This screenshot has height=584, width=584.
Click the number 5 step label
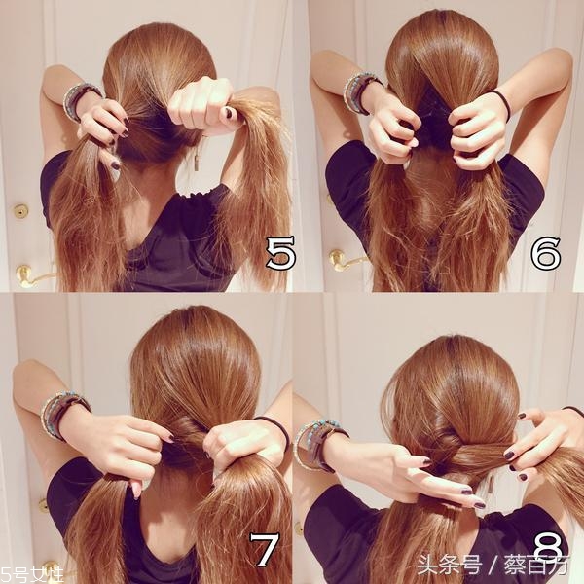click(x=281, y=253)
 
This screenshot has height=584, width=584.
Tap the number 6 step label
click(x=546, y=253)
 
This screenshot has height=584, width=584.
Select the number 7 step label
click(x=264, y=549)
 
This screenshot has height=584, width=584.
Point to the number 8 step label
click(x=547, y=551)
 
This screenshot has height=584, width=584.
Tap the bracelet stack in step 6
click(x=360, y=92)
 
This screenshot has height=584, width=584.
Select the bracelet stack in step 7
click(x=63, y=417)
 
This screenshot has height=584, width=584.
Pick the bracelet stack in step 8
click(x=320, y=445)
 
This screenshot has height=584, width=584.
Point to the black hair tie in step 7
click(x=275, y=432)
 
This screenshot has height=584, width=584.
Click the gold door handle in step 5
click(x=32, y=275)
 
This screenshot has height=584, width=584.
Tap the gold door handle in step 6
click(x=345, y=259)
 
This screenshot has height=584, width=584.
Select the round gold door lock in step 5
click(x=20, y=211)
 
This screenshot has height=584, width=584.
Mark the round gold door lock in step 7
click(x=44, y=505)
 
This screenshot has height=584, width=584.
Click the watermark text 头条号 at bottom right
click(x=449, y=565)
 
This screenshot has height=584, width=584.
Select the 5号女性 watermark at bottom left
click(x=31, y=574)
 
